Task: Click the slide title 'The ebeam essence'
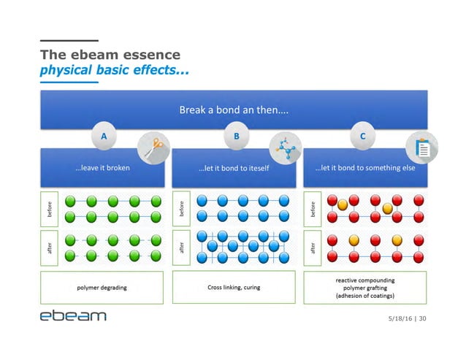[110, 55]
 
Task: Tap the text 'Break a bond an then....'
[233, 111]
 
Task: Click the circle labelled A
[103, 137]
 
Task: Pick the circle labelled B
[235, 137]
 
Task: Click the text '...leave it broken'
[102, 168]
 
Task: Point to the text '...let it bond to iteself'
[234, 168]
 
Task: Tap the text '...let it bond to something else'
[364, 168]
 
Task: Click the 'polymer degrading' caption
[102, 287]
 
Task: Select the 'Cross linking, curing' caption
[234, 287]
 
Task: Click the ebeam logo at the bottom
[73, 316]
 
